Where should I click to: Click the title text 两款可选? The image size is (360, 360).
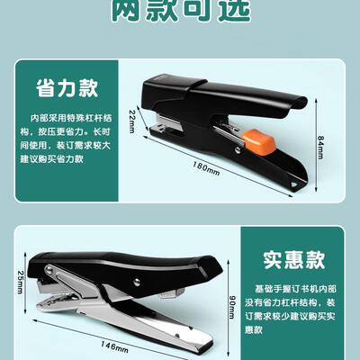[x=180, y=11]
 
